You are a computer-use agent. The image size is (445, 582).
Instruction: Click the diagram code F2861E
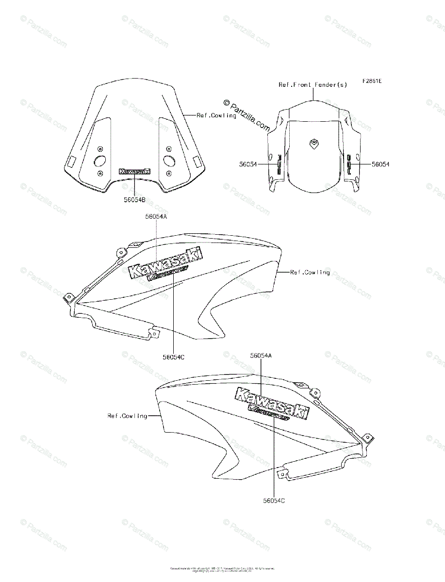click(x=371, y=81)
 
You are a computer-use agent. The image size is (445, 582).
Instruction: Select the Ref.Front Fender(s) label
click(x=313, y=84)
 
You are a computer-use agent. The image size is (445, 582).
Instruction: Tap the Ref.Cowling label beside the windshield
click(x=216, y=115)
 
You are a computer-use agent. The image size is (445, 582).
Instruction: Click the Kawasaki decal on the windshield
click(x=134, y=171)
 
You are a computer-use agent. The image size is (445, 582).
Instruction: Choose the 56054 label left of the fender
click(x=248, y=164)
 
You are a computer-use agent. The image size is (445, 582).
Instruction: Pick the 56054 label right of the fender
click(x=380, y=164)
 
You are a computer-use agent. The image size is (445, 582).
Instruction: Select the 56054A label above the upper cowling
click(x=155, y=217)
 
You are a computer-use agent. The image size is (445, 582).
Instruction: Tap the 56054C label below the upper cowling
click(x=173, y=357)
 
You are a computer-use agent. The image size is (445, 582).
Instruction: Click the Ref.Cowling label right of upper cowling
click(x=310, y=273)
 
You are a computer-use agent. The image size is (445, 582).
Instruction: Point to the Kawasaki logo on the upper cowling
click(x=165, y=264)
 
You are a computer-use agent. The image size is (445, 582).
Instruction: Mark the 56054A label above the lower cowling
click(x=261, y=356)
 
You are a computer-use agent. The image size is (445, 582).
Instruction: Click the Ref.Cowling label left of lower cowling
click(x=127, y=416)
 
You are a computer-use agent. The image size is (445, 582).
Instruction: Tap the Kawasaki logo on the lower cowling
click(x=272, y=402)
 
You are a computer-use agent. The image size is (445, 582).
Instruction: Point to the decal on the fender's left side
click(x=279, y=164)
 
